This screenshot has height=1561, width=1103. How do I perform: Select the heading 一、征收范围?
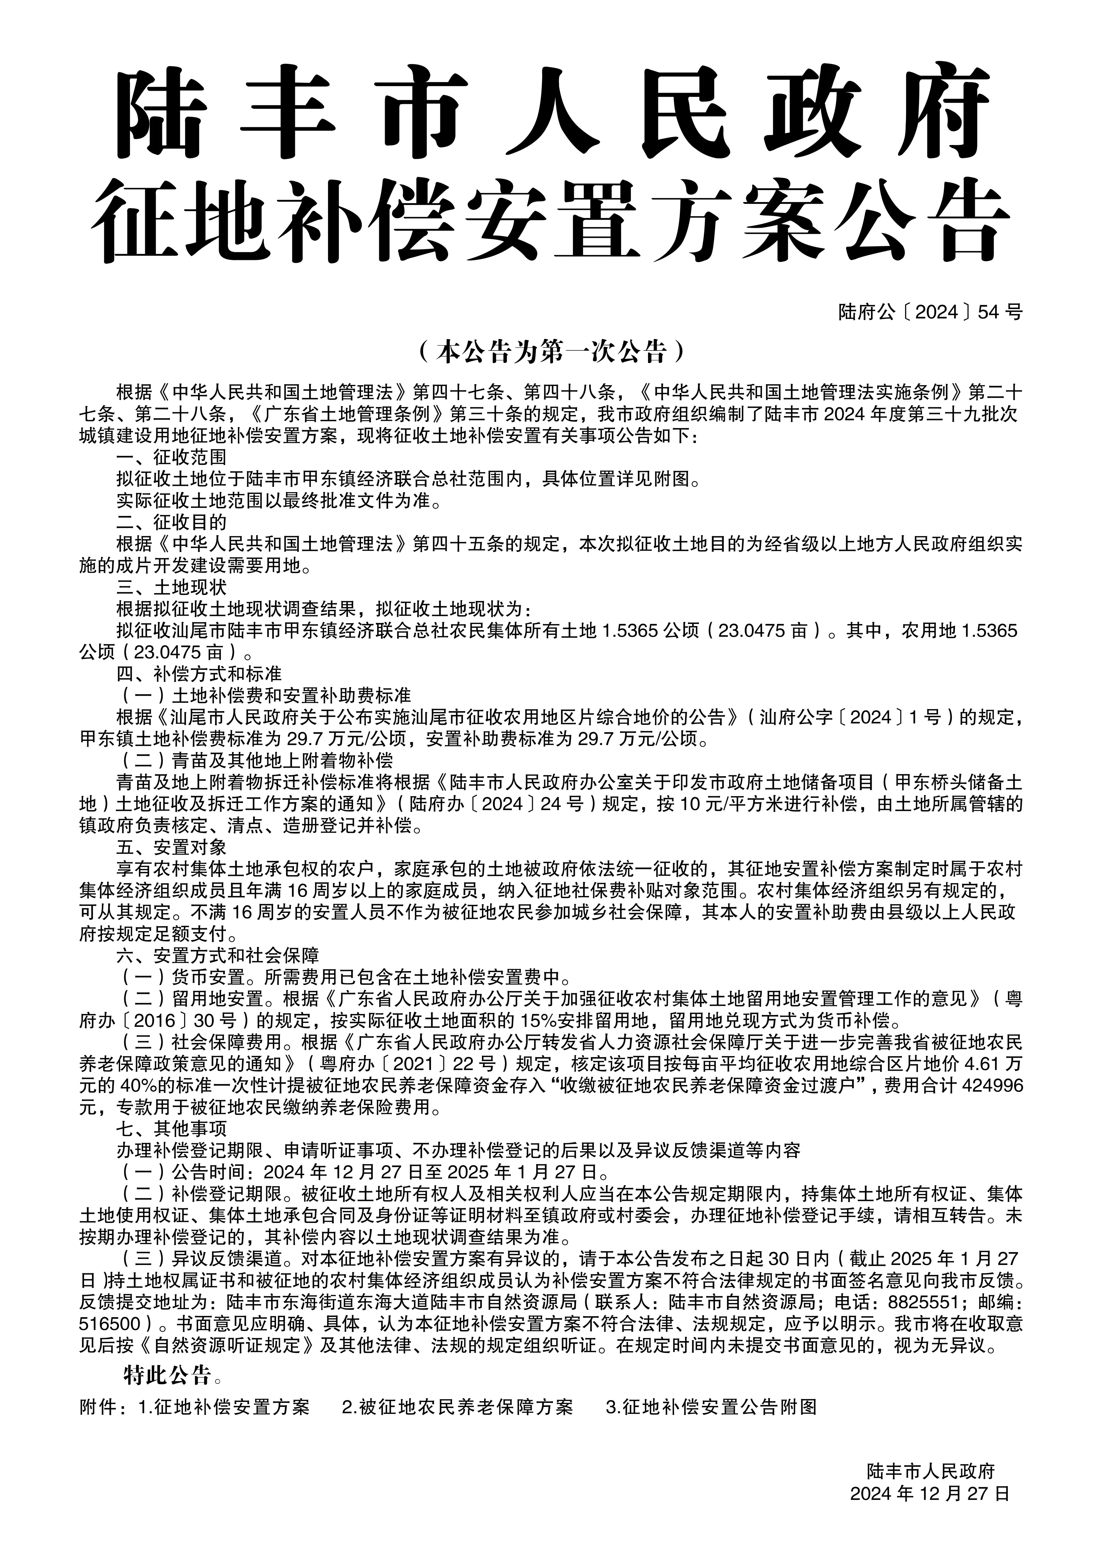coord(171,457)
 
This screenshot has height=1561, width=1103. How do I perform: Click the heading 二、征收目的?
coord(171,522)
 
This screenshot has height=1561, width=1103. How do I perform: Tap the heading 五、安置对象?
coord(171,847)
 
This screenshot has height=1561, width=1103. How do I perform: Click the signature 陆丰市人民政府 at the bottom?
coord(930,1471)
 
